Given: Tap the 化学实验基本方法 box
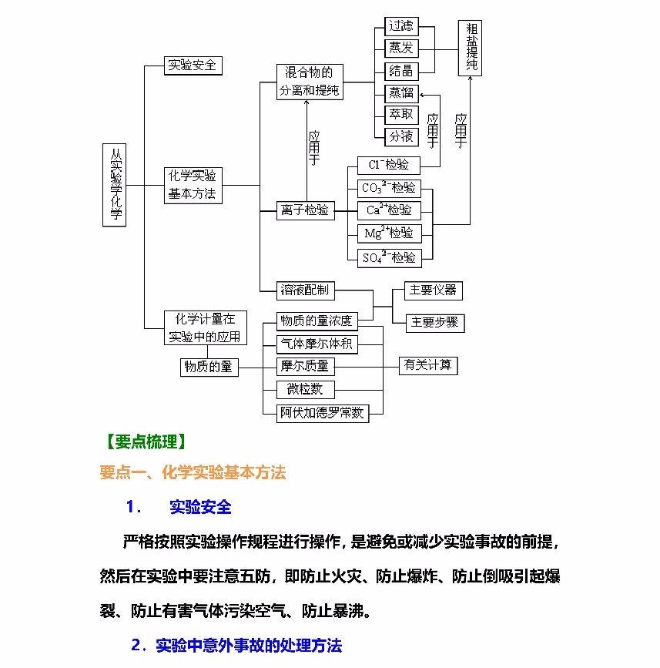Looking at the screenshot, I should point(193,185).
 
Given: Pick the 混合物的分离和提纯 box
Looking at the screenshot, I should point(310,82).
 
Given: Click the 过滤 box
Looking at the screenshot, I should point(401,25).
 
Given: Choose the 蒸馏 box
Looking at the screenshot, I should point(401,92).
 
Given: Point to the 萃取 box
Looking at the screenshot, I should point(401,114).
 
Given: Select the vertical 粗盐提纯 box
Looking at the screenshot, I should point(471,48).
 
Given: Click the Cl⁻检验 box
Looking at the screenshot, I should point(389,165).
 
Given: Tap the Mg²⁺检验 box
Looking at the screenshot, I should point(389,233).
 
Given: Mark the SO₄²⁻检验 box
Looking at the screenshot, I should point(389,257).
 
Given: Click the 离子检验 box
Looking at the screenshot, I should point(306,210).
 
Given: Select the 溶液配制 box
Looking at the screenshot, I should point(306,290).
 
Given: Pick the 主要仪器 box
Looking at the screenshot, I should point(433,290).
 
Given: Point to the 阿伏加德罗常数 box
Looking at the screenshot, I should point(322,413).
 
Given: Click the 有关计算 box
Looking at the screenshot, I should point(428,365).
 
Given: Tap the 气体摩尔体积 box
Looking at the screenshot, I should point(317,344).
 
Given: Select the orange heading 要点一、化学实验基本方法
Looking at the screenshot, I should point(193,473).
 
